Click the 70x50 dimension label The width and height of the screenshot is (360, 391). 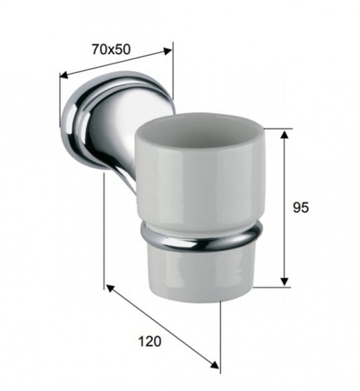point(111,50)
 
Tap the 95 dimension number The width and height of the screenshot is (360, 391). point(301,208)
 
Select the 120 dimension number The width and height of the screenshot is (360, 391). point(150,341)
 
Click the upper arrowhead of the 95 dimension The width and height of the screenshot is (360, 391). point(284,135)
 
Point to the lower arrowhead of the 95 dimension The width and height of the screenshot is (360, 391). point(284,281)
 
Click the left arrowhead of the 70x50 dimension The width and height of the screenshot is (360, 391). point(63,75)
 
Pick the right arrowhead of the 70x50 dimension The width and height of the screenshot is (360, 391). point(168,51)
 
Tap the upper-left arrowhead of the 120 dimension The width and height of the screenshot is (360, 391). point(110,288)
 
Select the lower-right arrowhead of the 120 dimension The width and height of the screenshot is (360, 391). point(215,365)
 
